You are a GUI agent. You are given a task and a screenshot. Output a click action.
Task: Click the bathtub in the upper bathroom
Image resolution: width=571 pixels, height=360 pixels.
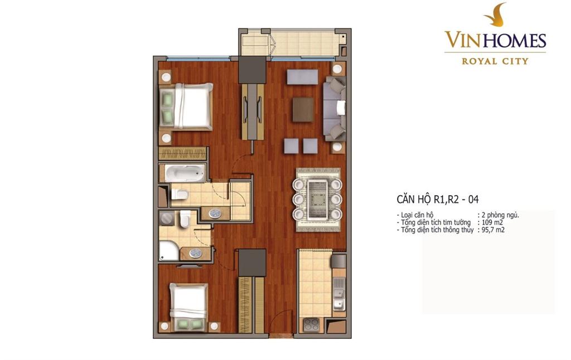pos(185,173)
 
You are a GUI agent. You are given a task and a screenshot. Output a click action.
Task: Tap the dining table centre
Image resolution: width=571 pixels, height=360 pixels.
pos(317,199)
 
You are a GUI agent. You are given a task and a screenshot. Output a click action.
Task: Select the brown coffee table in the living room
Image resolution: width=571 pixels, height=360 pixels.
pos(303,110)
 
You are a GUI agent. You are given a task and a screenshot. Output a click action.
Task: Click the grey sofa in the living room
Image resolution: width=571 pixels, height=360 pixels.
pos(335,108)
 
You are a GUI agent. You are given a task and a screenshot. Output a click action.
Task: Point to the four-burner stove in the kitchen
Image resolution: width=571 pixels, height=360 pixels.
pos(311,325)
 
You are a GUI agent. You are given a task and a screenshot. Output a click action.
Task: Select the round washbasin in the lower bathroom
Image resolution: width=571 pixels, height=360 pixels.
pos(195,253)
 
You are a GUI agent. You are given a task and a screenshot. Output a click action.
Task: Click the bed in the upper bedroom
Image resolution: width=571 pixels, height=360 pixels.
pos(186,106)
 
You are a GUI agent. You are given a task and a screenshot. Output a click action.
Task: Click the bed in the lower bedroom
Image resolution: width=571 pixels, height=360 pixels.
pos(188,307)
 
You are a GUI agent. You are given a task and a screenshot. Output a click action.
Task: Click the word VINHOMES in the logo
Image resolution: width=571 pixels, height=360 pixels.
pos(495,40)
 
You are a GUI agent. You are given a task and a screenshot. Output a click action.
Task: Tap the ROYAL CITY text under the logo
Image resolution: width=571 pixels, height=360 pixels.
pos(495,61)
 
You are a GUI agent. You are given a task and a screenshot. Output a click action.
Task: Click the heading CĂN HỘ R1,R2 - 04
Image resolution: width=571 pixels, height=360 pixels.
pos(437,200)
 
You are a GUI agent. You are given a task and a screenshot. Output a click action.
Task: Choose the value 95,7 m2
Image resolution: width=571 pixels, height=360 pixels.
pos(493,230)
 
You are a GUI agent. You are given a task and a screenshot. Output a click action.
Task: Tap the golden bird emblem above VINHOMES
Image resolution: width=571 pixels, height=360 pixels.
pos(496,15)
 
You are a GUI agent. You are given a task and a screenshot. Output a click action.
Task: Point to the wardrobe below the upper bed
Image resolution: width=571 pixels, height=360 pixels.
pos(183,154)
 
